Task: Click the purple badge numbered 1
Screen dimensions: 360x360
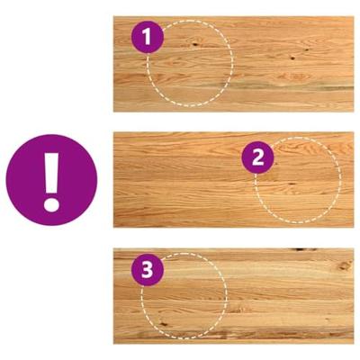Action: (x=148, y=37)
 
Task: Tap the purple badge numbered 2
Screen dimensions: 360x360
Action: (x=258, y=157)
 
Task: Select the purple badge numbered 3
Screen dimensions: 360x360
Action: (x=148, y=270)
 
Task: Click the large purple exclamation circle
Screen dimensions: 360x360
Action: (x=51, y=180)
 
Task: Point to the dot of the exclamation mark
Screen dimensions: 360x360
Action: (x=51, y=205)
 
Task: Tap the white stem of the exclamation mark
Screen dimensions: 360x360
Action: (x=51, y=173)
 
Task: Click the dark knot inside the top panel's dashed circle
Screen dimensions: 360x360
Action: (x=195, y=44)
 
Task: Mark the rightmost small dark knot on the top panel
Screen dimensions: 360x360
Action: (x=307, y=49)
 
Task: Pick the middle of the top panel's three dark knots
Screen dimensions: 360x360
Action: (x=292, y=58)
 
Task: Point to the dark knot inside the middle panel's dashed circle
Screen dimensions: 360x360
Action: (x=292, y=184)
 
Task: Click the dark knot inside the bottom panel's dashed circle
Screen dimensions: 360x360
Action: (x=164, y=324)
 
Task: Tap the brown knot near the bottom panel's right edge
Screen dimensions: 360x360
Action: (x=345, y=265)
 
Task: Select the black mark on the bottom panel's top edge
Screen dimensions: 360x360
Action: (x=303, y=249)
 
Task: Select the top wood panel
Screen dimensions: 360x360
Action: (x=233, y=64)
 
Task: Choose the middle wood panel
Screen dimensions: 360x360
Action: (x=233, y=180)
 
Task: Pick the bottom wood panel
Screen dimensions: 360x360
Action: (x=233, y=296)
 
